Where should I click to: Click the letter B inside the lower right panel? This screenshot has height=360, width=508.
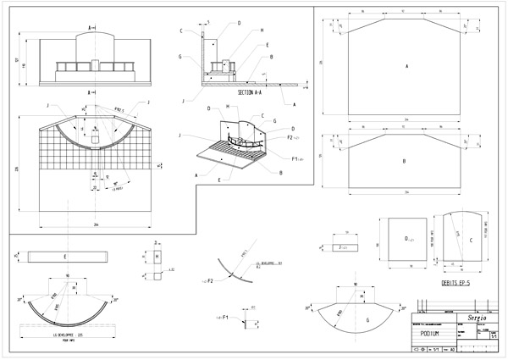[406, 159]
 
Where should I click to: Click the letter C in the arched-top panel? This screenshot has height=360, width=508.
[469, 240]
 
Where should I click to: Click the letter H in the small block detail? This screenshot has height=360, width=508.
[157, 255]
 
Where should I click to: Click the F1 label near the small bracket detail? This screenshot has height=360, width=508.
[226, 321]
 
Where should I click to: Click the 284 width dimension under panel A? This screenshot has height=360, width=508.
[407, 120]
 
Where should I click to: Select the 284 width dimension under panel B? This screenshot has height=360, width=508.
[407, 194]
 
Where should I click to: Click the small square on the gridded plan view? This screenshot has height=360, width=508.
[95, 137]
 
